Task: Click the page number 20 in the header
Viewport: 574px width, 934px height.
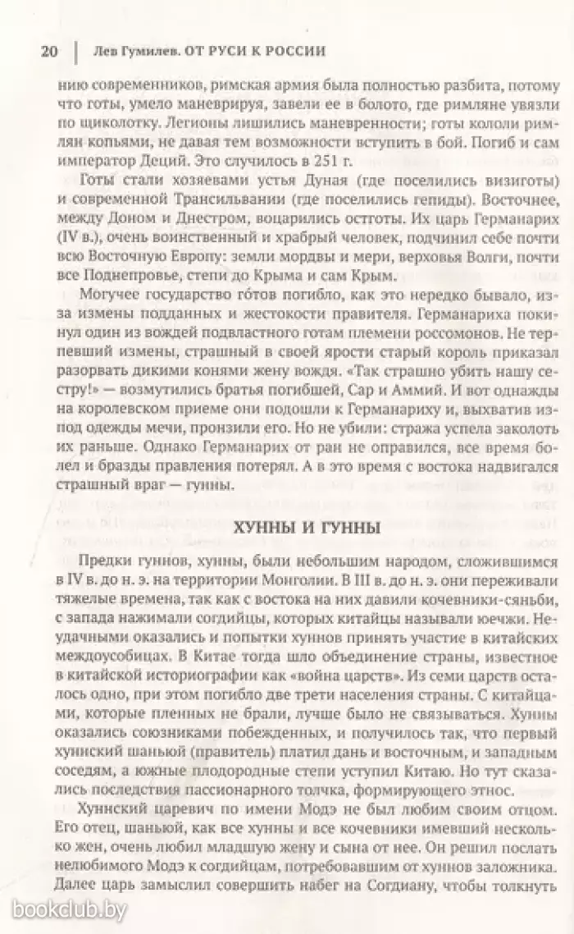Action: tap(48, 50)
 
